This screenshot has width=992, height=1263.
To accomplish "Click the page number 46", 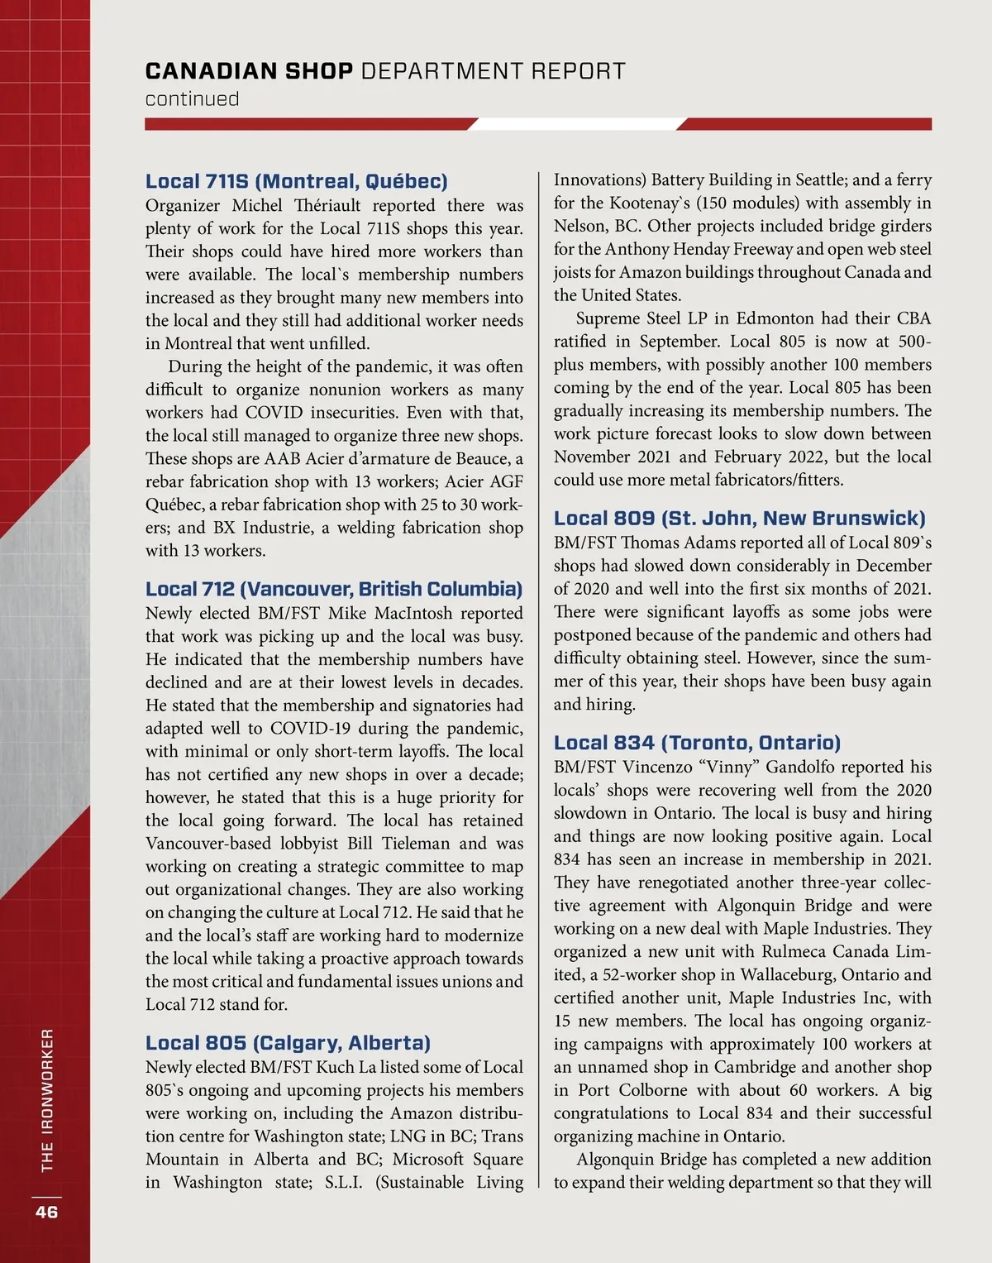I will (46, 1212).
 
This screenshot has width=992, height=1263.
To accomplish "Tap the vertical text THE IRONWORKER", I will (47, 1100).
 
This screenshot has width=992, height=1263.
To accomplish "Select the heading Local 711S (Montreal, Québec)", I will (296, 181).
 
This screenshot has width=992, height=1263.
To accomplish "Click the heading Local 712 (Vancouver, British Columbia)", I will (334, 589).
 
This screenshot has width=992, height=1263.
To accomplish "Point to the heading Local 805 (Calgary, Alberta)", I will (288, 1043).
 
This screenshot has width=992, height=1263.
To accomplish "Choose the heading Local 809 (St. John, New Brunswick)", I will (739, 519).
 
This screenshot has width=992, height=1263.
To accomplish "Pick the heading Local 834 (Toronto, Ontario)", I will (697, 743).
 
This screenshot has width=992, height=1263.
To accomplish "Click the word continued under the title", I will (192, 99).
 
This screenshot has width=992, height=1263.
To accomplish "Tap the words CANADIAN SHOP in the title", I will (249, 71).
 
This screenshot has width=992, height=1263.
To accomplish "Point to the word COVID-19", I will (313, 729).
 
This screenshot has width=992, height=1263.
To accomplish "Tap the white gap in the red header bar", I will (576, 124).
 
